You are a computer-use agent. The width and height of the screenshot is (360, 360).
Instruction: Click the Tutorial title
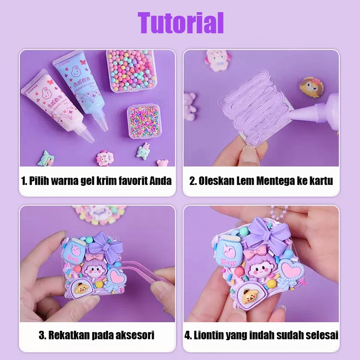tap(180, 22)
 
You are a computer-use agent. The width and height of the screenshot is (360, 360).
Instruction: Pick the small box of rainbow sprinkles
tap(143, 121)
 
